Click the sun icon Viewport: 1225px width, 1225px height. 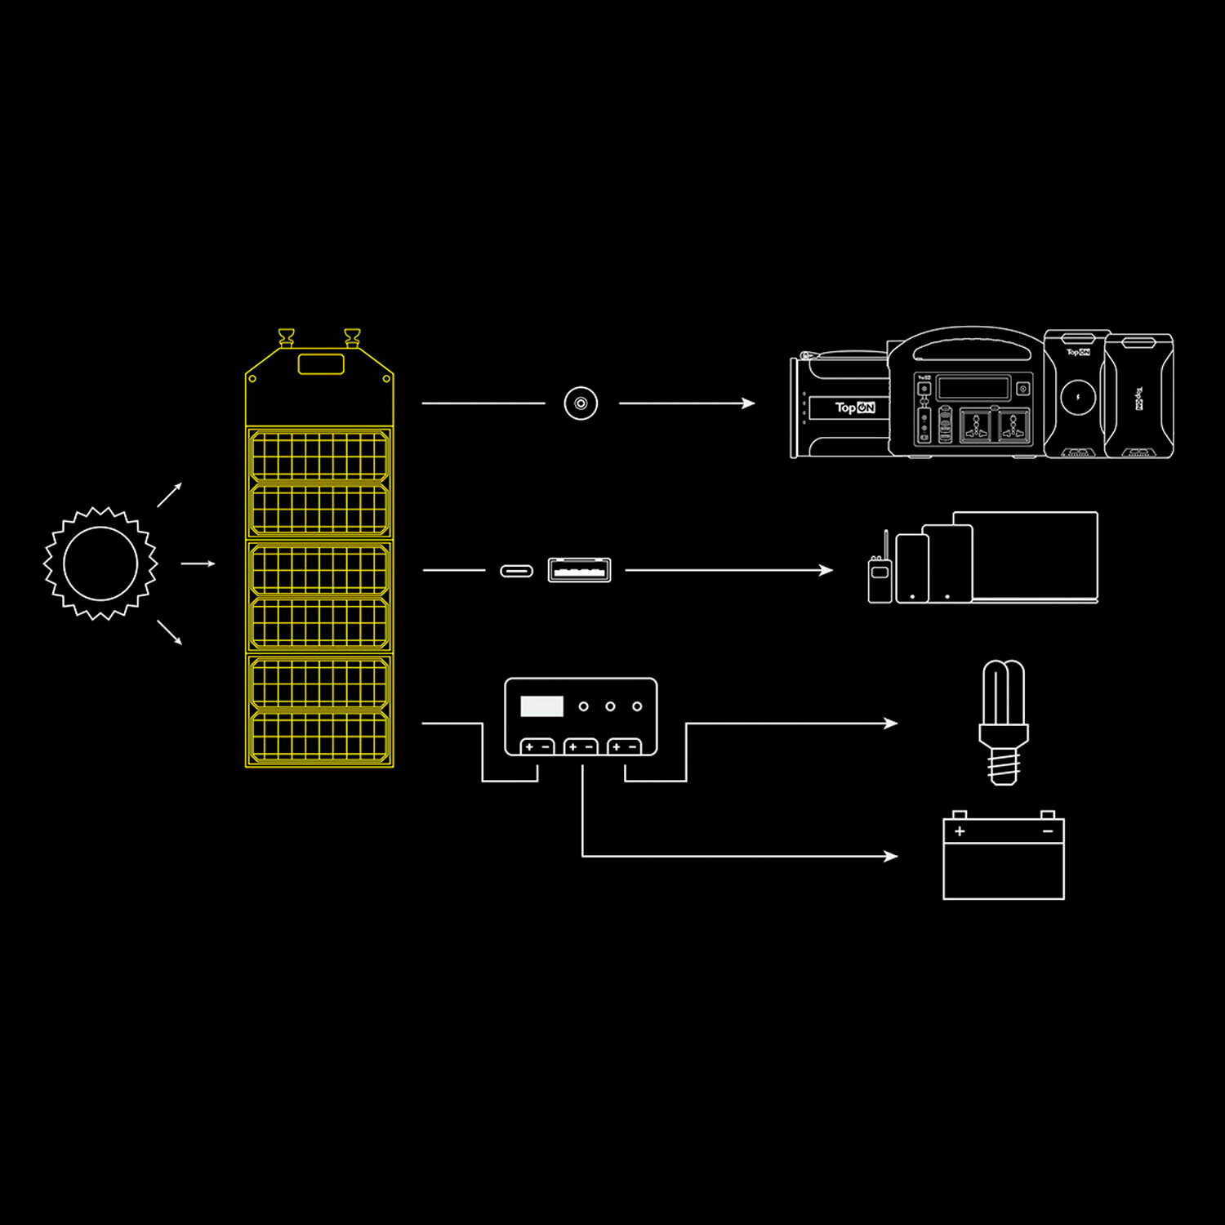[100, 563]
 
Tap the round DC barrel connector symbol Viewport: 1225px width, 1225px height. [581, 403]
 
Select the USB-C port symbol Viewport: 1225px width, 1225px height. [516, 571]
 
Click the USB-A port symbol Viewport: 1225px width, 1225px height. [579, 570]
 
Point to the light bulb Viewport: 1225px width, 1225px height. [1003, 722]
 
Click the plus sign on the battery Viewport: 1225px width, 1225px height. [960, 831]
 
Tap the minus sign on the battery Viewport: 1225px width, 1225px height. [1048, 831]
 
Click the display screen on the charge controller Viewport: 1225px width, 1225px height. [541, 706]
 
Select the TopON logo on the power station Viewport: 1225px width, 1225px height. [854, 408]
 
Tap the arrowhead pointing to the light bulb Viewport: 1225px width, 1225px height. [892, 723]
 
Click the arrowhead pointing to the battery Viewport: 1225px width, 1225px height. [892, 856]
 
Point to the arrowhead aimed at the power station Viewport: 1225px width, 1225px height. [749, 403]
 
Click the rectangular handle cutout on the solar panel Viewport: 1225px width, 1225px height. [321, 364]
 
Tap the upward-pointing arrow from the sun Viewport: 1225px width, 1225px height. [171, 493]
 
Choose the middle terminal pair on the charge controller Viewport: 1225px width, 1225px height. [581, 747]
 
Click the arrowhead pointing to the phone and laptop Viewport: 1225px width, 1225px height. [826, 570]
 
